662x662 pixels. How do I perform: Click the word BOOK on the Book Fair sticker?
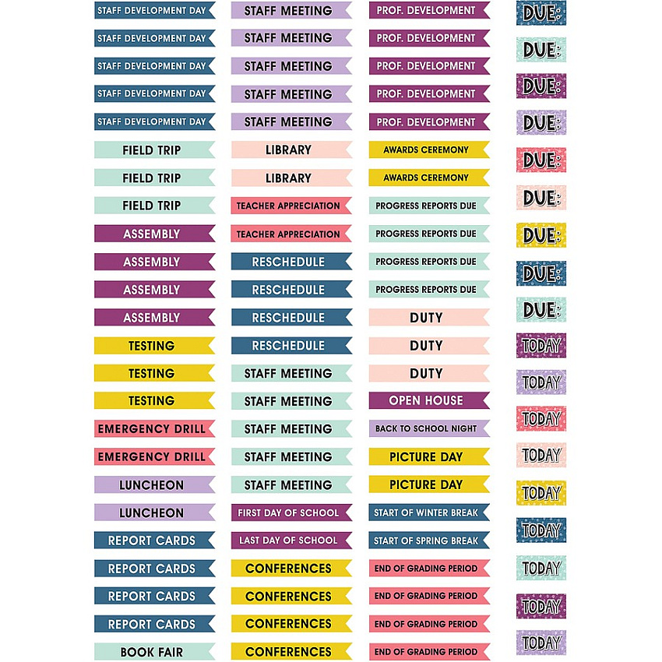[x=134, y=653]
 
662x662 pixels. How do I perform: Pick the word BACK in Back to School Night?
[x=386, y=428]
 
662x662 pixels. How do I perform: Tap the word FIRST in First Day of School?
[x=249, y=513]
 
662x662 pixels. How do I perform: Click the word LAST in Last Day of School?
[x=249, y=541]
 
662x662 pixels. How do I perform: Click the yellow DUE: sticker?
[x=541, y=235]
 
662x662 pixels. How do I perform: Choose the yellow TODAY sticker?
[x=541, y=493]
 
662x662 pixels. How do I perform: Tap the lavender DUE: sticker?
[x=541, y=123]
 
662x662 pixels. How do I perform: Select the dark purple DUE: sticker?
[x=541, y=86]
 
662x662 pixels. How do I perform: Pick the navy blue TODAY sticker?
[x=541, y=530]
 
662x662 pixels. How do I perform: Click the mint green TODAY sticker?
[x=541, y=568]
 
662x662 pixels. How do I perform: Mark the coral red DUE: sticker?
[x=541, y=160]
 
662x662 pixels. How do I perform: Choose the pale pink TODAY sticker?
[x=541, y=455]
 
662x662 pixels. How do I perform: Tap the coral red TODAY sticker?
[x=541, y=418]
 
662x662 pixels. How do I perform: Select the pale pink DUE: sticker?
[x=541, y=198]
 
